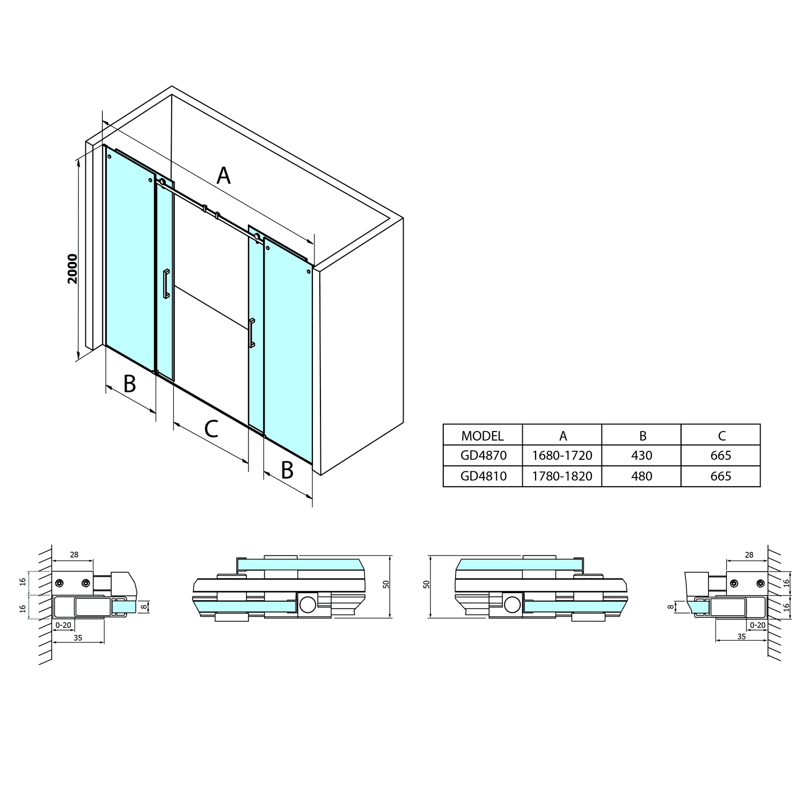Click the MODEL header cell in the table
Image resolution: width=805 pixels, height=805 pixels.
(x=482, y=435)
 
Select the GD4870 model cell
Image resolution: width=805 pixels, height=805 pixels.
(x=483, y=456)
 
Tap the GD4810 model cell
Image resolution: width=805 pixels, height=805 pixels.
(x=483, y=476)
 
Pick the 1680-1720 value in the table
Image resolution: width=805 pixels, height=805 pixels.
(x=562, y=456)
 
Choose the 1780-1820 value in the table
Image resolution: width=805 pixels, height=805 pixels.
(x=562, y=476)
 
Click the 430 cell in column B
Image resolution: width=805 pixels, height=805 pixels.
(x=642, y=456)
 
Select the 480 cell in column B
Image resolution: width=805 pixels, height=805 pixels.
(x=642, y=476)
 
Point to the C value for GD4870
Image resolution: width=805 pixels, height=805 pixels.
(x=721, y=456)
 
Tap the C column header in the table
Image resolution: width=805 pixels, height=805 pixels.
(x=722, y=436)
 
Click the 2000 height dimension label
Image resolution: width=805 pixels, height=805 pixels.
(x=72, y=268)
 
